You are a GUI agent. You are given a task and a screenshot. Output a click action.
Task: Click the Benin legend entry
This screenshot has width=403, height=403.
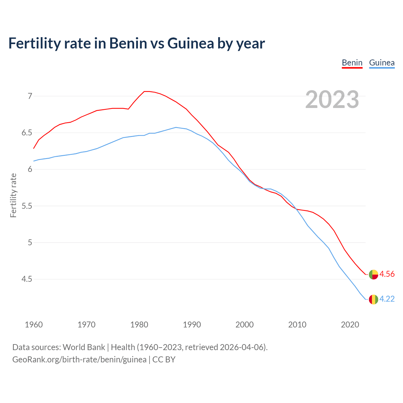coord(352,63)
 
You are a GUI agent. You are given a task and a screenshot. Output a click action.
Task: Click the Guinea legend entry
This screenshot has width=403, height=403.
coord(382,63)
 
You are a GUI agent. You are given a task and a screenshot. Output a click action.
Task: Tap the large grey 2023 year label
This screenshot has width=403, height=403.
coord(332,99)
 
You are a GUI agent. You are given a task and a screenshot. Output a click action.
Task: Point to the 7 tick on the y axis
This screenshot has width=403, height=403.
coord(30,96)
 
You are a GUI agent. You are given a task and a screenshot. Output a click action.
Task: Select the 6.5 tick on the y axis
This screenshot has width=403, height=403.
coord(27,133)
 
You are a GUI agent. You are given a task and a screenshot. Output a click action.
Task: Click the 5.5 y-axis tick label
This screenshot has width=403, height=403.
coord(27,206)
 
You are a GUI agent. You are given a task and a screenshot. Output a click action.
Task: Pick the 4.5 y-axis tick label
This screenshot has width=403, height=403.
coord(27,279)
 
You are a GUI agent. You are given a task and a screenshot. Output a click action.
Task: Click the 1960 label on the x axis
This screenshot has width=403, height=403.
coord(34,325)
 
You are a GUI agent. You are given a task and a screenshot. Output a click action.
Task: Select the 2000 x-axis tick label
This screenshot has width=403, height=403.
coord(245,325)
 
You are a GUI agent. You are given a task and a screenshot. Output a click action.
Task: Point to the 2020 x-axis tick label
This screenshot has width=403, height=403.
coord(350,325)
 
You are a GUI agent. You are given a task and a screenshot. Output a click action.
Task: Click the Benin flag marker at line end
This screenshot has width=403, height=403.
coord(373,275)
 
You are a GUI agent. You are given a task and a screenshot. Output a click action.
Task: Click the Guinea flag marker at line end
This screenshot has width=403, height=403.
coord(373,299)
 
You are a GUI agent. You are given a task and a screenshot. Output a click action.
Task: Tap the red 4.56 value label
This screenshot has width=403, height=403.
coord(387,274)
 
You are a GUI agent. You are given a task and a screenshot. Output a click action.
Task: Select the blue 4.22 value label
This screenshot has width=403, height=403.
coord(387,299)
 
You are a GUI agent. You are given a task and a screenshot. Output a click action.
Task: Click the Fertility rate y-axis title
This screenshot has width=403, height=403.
coord(13,195)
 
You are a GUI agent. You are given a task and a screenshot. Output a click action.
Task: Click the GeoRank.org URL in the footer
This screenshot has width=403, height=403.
coord(79,360)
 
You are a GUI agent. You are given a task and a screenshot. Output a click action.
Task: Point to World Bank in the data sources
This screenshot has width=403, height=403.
coord(84,347)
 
